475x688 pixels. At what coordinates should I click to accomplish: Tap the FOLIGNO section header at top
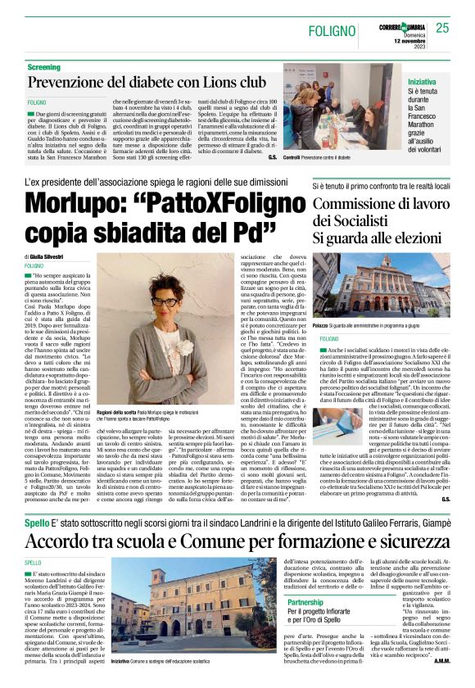click(x=337, y=31)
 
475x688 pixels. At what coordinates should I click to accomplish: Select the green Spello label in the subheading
click(x=38, y=523)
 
